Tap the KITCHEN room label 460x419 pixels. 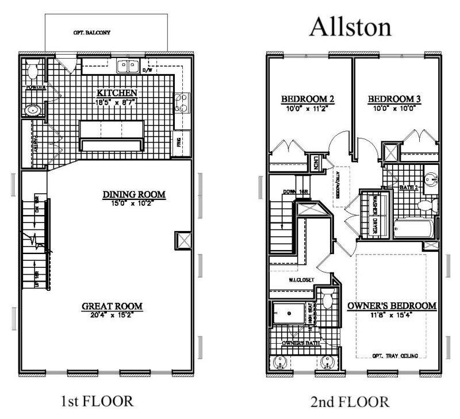pos(116,93)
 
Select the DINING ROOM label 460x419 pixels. pos(134,195)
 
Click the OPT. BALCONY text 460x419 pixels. pos(92,33)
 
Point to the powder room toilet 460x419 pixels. pos(33,71)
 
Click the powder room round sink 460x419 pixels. pos(32,109)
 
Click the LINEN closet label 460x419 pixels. pos(316,164)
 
